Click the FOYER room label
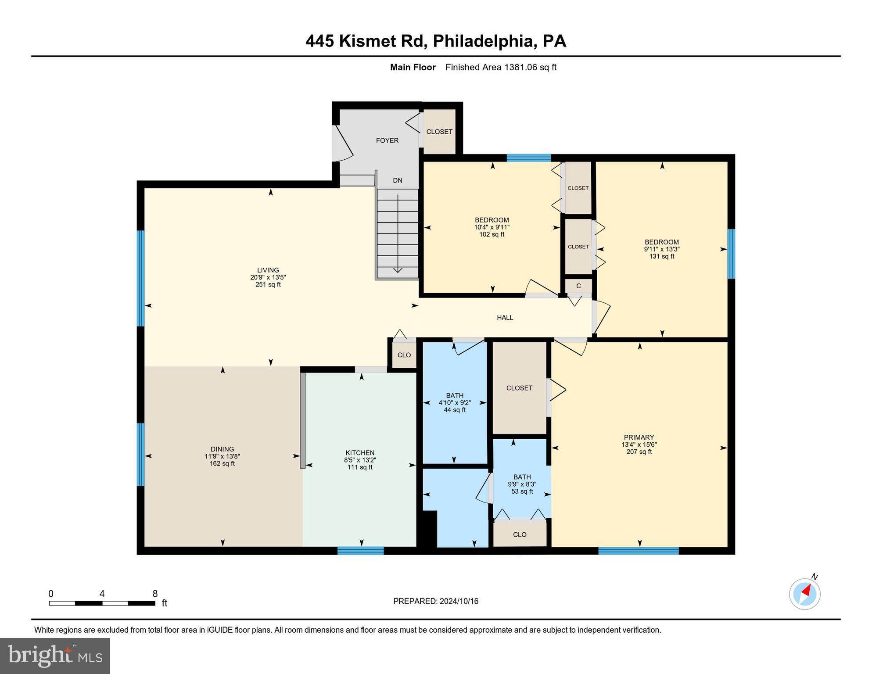coord(387,140)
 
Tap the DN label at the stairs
coord(397,180)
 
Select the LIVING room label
coord(268,270)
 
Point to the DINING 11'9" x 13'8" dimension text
coord(222,456)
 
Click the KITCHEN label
coord(360,453)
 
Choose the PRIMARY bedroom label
coord(639,437)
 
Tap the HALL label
coord(505,317)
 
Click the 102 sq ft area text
coord(492,234)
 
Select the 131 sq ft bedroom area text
coord(661,256)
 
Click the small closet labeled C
coord(578,286)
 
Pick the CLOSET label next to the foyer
coord(439,132)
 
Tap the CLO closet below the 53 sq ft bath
coord(520,534)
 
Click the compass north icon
coord(804,594)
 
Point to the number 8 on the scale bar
coord(155,594)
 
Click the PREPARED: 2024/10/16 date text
coord(435,601)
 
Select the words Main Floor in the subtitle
coord(413,67)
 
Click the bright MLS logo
coord(55,656)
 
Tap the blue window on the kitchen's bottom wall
coord(360,550)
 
